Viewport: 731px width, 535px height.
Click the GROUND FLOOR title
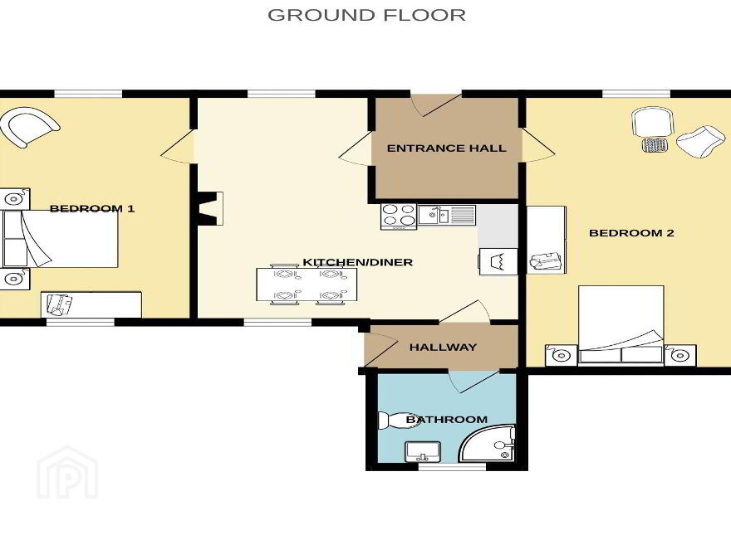pyautogui.click(x=366, y=15)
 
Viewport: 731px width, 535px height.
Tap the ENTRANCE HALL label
pyautogui.click(x=446, y=148)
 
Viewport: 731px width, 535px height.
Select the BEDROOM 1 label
pyautogui.click(x=92, y=208)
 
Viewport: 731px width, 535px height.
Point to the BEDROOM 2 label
pyautogui.click(x=631, y=233)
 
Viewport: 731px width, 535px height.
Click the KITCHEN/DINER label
pyautogui.click(x=357, y=262)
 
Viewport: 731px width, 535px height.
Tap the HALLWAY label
pyautogui.click(x=443, y=347)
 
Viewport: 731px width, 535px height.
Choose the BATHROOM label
pyautogui.click(x=447, y=420)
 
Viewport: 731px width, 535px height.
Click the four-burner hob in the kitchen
pyautogui.click(x=399, y=216)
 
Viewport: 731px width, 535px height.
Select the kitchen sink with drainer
pyautogui.click(x=446, y=215)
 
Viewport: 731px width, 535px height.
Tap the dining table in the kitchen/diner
pyautogui.click(x=307, y=285)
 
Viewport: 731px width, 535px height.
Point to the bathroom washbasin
pyautogui.click(x=422, y=452)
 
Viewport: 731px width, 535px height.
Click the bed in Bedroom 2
pyautogui.click(x=621, y=324)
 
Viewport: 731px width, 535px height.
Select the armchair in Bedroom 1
pyautogui.click(x=29, y=127)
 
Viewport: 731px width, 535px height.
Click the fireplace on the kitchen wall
pyautogui.click(x=210, y=208)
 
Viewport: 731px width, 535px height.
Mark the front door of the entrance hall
pyautogui.click(x=436, y=105)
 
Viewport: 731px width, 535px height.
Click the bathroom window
pyautogui.click(x=452, y=466)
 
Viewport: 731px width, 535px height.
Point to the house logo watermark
pyautogui.click(x=67, y=472)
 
